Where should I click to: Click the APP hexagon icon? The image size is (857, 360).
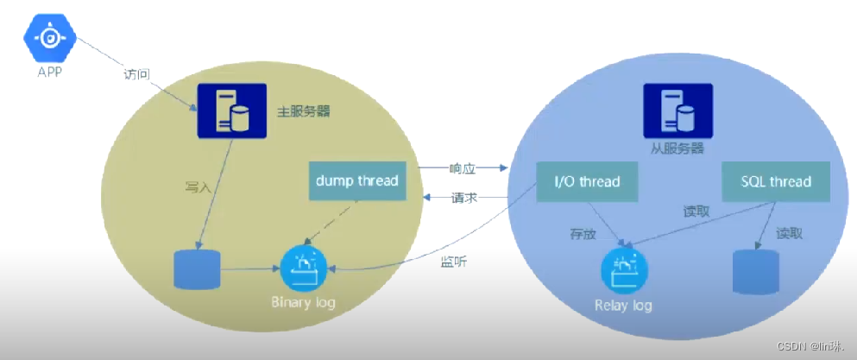(x=51, y=37)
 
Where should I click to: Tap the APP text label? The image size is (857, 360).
(x=51, y=73)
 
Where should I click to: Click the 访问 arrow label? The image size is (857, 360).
(x=137, y=74)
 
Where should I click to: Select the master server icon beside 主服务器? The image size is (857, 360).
(x=232, y=111)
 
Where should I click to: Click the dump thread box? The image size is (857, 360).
(x=356, y=180)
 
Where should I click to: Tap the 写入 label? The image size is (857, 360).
(x=198, y=187)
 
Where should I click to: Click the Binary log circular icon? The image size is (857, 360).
(x=303, y=269)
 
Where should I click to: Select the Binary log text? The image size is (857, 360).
(x=303, y=303)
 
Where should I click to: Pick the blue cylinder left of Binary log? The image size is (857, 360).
(x=198, y=269)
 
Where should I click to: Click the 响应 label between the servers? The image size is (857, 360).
(x=463, y=167)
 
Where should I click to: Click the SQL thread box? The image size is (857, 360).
(x=776, y=181)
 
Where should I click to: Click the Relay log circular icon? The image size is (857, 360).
(x=623, y=270)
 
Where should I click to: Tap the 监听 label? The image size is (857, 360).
(x=454, y=261)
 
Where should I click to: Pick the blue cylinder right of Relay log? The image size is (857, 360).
(x=756, y=273)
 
